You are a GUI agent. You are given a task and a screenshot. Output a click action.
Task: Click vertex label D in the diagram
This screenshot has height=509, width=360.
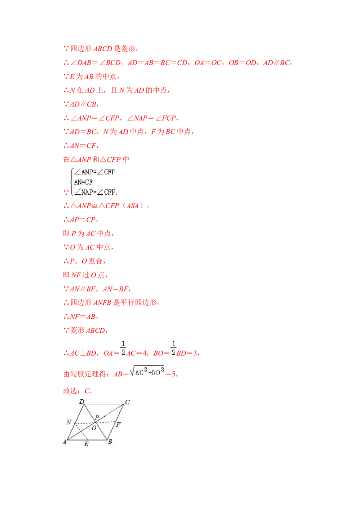[x=82, y=402]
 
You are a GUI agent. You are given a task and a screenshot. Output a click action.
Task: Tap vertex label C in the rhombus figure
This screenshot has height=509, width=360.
[x=127, y=402]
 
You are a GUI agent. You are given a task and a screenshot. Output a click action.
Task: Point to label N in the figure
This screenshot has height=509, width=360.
[x=68, y=422]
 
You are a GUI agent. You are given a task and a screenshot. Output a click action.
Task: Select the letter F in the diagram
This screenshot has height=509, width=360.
[x=119, y=424]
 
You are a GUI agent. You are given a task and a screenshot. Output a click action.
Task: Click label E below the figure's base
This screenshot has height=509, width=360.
[x=86, y=444]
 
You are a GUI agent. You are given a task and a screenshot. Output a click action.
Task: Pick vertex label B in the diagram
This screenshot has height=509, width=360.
[x=110, y=442]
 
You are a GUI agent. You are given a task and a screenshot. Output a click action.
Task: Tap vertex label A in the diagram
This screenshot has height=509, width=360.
[x=64, y=442]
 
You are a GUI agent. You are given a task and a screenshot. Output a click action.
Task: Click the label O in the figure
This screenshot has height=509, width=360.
[x=94, y=428]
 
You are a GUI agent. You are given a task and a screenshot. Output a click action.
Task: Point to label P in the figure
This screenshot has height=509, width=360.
[x=97, y=417]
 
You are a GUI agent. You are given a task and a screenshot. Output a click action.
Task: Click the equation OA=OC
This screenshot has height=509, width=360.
[x=208, y=63]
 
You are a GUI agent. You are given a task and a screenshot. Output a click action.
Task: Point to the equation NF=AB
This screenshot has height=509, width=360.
[x=84, y=317]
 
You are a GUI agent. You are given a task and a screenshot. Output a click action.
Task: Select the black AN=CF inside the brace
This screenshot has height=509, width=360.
[x=84, y=182]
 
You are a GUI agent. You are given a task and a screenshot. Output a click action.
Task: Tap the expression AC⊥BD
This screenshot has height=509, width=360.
[x=83, y=353]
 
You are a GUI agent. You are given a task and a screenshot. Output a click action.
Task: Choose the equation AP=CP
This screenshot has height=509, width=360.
[x=83, y=220]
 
